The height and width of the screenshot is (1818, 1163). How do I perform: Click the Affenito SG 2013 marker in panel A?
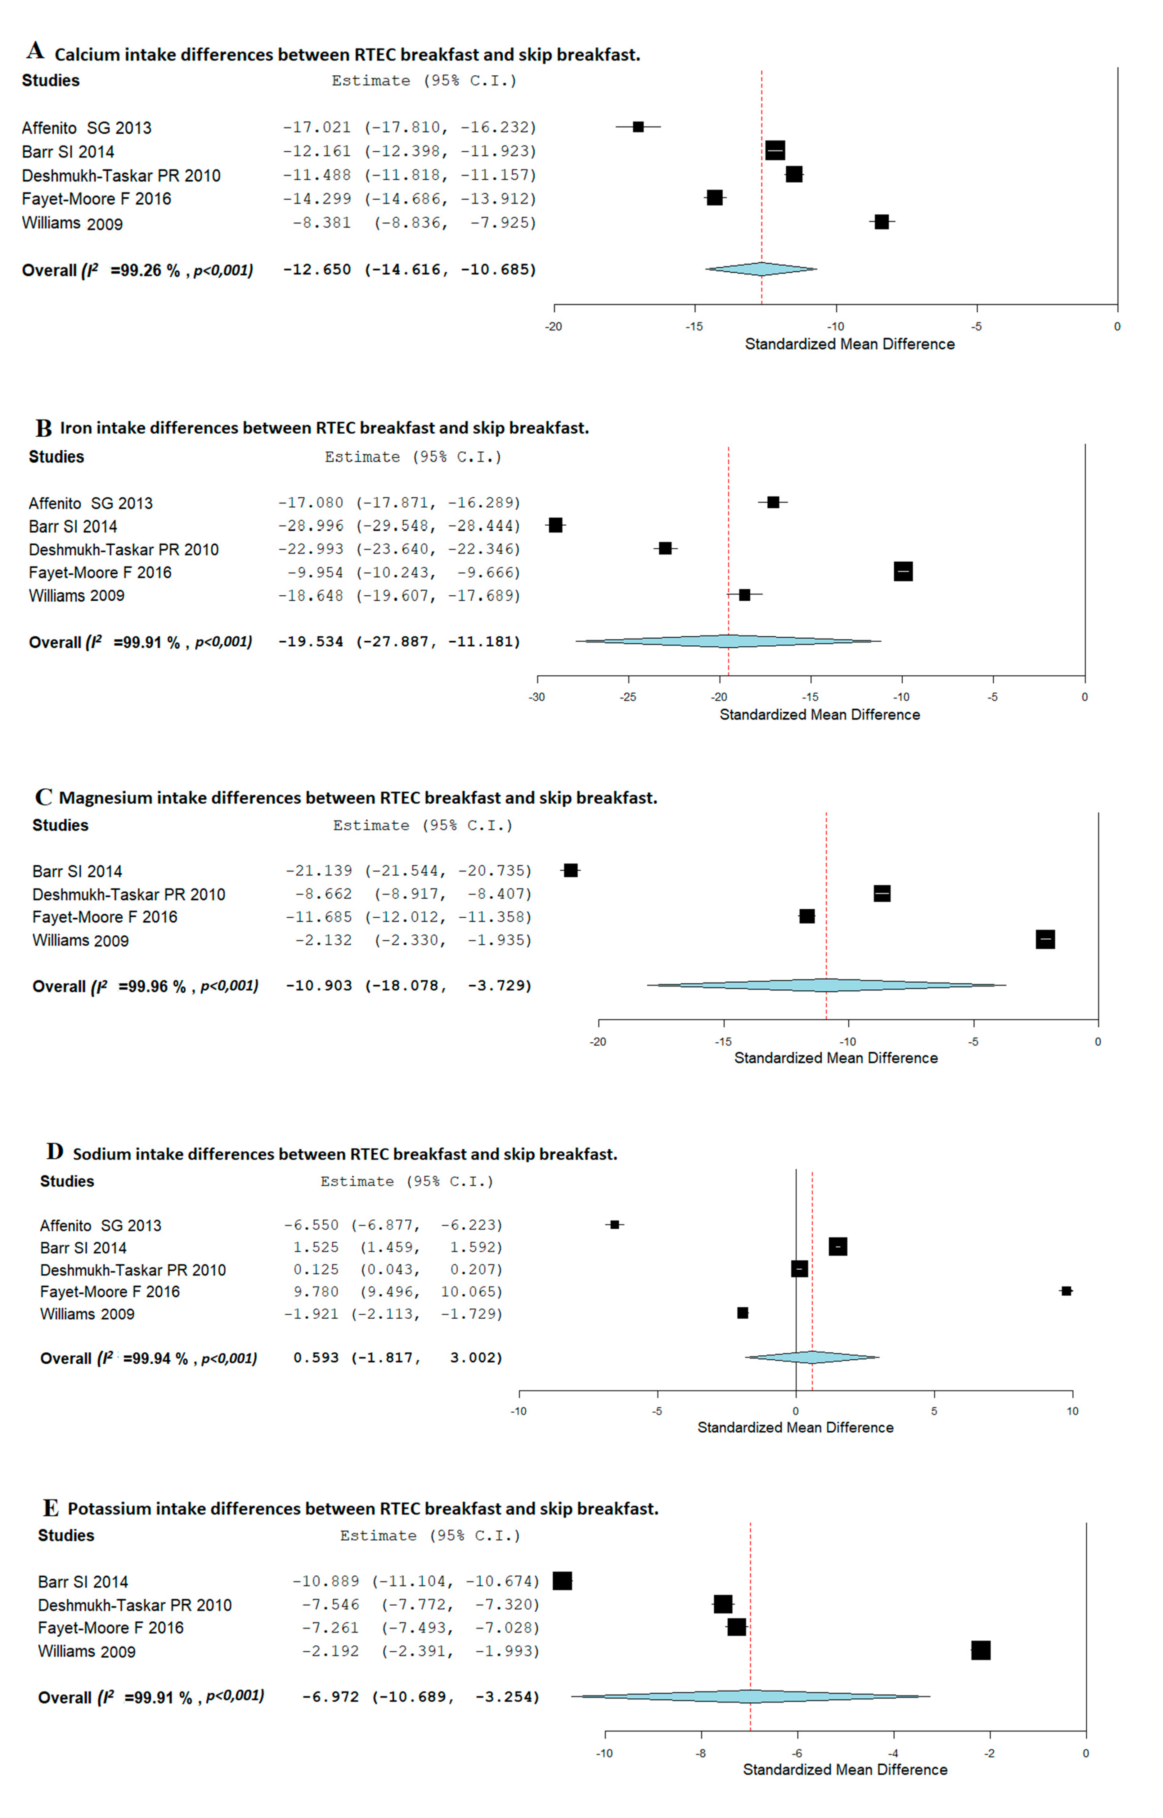638,127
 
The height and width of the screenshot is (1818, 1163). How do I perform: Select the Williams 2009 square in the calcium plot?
881,222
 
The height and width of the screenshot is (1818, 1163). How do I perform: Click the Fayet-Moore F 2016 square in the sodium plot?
1066,1291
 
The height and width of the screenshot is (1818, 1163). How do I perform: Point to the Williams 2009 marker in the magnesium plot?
1045,939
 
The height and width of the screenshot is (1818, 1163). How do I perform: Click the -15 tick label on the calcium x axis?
695,327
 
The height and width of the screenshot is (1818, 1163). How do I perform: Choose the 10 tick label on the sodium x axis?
1072,1411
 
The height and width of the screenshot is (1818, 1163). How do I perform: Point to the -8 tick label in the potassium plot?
701,1753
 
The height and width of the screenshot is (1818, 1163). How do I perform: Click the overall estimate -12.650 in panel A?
317,270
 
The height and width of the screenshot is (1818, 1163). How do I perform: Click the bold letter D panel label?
54,1152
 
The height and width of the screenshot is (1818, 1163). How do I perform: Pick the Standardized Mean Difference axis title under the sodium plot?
795,1428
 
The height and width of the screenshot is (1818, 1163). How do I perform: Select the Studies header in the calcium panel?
51,80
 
